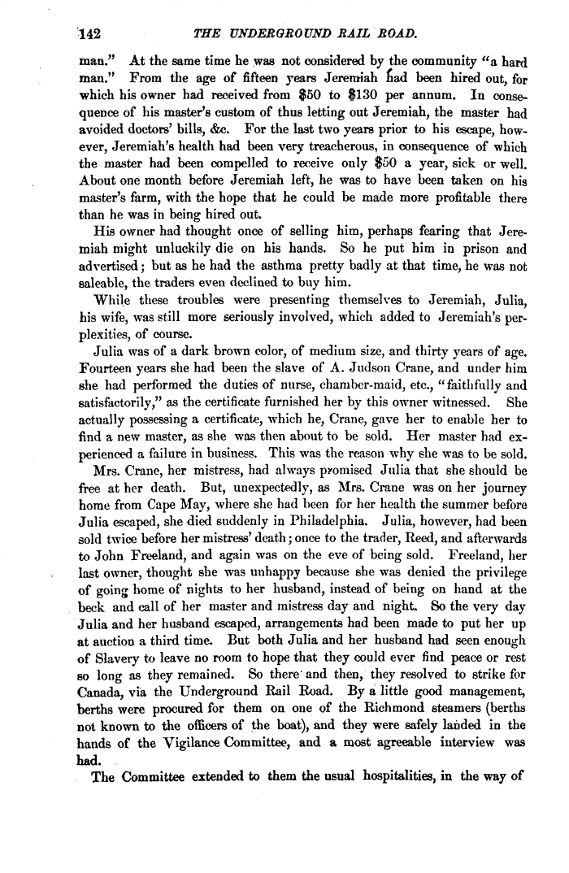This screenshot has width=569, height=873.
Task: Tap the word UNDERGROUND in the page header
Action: click(277, 33)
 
